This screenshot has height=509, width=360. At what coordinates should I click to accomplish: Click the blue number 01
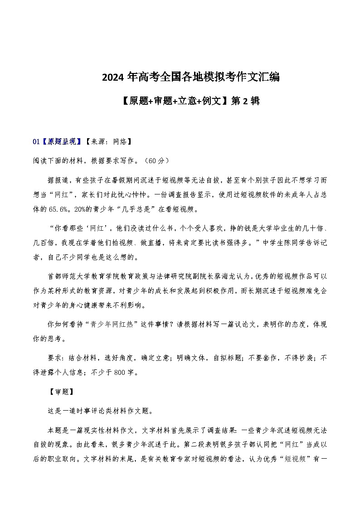[x=36, y=142]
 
